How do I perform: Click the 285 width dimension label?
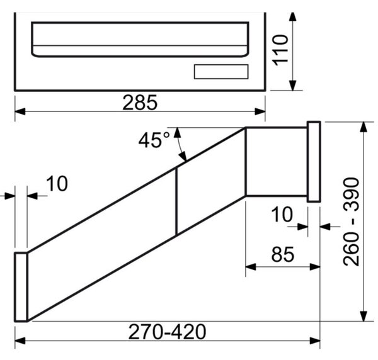tap(140, 103)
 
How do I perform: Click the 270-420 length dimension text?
tap(168, 332)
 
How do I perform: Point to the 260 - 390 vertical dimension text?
tap(351, 222)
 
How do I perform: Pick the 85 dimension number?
tap(283, 254)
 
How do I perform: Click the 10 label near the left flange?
tap(57, 184)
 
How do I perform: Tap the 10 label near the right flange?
tap(282, 215)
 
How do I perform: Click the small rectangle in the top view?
tap(221, 72)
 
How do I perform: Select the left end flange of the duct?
tap(21, 287)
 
